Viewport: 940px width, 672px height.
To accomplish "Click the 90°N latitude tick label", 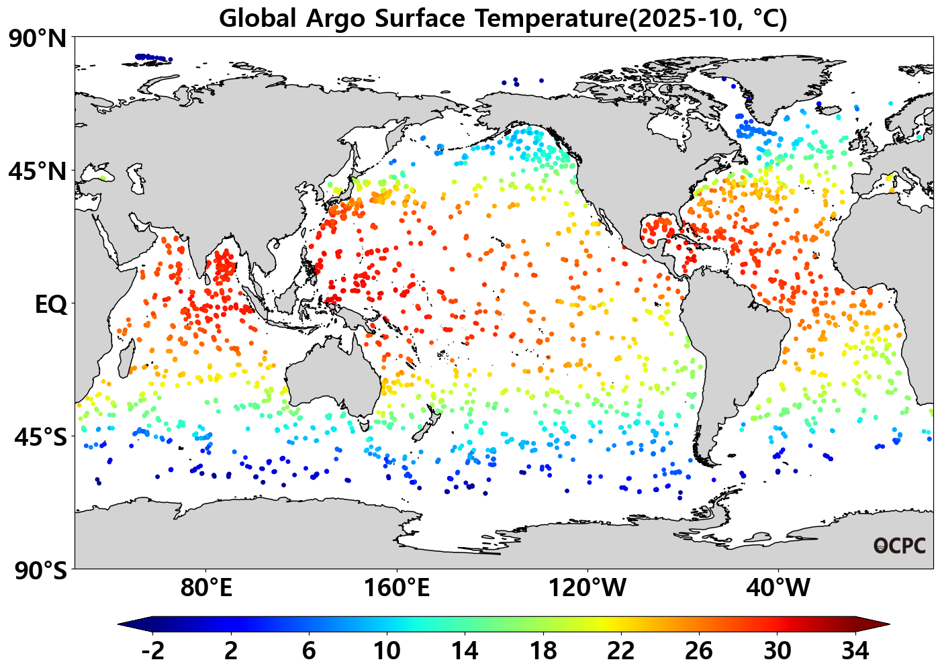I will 38,39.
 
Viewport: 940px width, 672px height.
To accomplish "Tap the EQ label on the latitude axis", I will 51,305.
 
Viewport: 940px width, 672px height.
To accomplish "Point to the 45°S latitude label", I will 40,438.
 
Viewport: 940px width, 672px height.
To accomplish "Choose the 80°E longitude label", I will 206,589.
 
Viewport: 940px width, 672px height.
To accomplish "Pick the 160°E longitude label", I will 396,589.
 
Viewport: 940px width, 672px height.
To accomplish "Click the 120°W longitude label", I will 587,589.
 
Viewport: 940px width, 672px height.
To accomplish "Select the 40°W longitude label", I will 778,589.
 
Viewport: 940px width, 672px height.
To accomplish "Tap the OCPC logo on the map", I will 899,546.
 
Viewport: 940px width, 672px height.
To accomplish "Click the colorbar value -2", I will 153,651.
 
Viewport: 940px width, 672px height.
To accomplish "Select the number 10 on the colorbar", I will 387,651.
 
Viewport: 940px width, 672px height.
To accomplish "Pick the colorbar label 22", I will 621,651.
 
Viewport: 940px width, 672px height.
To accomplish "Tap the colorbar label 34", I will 855,651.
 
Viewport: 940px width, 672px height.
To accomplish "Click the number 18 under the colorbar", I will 543,651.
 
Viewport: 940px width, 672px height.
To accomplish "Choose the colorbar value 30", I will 777,651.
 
